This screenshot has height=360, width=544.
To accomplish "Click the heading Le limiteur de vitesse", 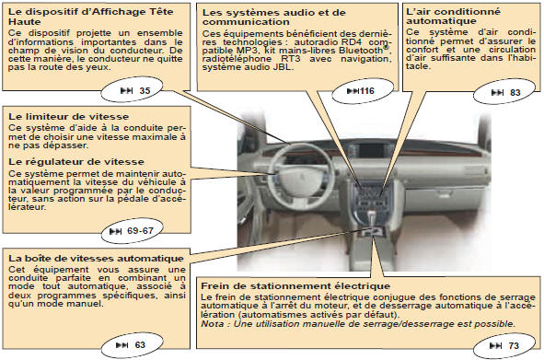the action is (68, 116).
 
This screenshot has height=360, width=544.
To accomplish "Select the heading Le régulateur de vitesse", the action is (76, 162).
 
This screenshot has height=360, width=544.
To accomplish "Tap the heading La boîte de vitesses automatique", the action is (96, 259).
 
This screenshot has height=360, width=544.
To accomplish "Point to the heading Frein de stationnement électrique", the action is (295, 286).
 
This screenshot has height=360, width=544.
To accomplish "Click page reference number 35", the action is (145, 91).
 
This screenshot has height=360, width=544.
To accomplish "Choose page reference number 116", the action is (367, 91).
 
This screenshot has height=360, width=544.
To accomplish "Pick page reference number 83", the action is (515, 93).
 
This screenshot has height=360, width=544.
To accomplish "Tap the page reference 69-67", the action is (140, 231).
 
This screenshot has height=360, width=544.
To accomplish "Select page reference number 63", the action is (140, 345).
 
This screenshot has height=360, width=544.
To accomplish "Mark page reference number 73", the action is (514, 346).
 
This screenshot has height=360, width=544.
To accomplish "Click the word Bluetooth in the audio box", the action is (363, 51).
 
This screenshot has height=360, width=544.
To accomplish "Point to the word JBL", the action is (284, 67).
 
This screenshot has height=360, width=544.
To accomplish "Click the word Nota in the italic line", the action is (213, 324).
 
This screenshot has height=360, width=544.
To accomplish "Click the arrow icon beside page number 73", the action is (495, 346).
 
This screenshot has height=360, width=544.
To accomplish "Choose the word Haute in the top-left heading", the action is (24, 21).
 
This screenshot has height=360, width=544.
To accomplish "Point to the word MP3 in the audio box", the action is (247, 51).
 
